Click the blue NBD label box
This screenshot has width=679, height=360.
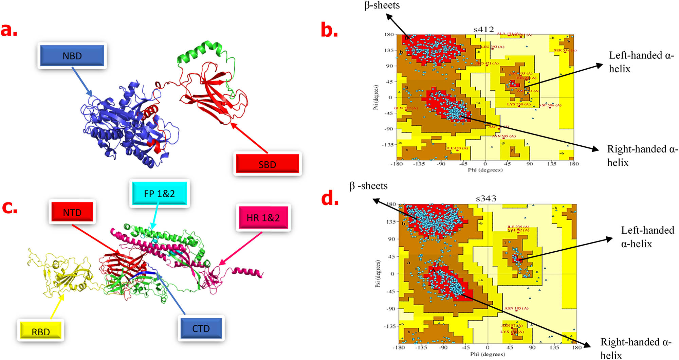coord(72,56)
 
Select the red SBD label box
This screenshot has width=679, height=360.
coord(267,164)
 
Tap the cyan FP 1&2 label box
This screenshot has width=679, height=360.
coord(159,193)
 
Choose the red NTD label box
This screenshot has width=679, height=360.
coord(72,212)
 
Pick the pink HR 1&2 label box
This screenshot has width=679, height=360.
coord(263,217)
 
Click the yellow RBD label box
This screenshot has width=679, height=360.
coord(41,331)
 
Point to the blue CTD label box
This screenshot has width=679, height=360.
coord(201,328)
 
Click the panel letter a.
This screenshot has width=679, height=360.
coord(9,30)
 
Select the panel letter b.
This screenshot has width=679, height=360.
coord(329,31)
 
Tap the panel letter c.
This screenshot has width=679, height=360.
coord(10,207)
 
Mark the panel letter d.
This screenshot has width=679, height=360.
coord(330,198)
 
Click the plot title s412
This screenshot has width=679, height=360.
coord(483,30)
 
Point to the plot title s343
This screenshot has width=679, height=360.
coord(486,198)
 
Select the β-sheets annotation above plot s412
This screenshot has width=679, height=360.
coord(382,5)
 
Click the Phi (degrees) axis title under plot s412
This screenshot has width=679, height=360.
coord(485,170)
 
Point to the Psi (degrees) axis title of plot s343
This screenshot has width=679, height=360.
coord(378,274)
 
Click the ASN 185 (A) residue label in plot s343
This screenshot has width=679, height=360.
coord(516,308)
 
